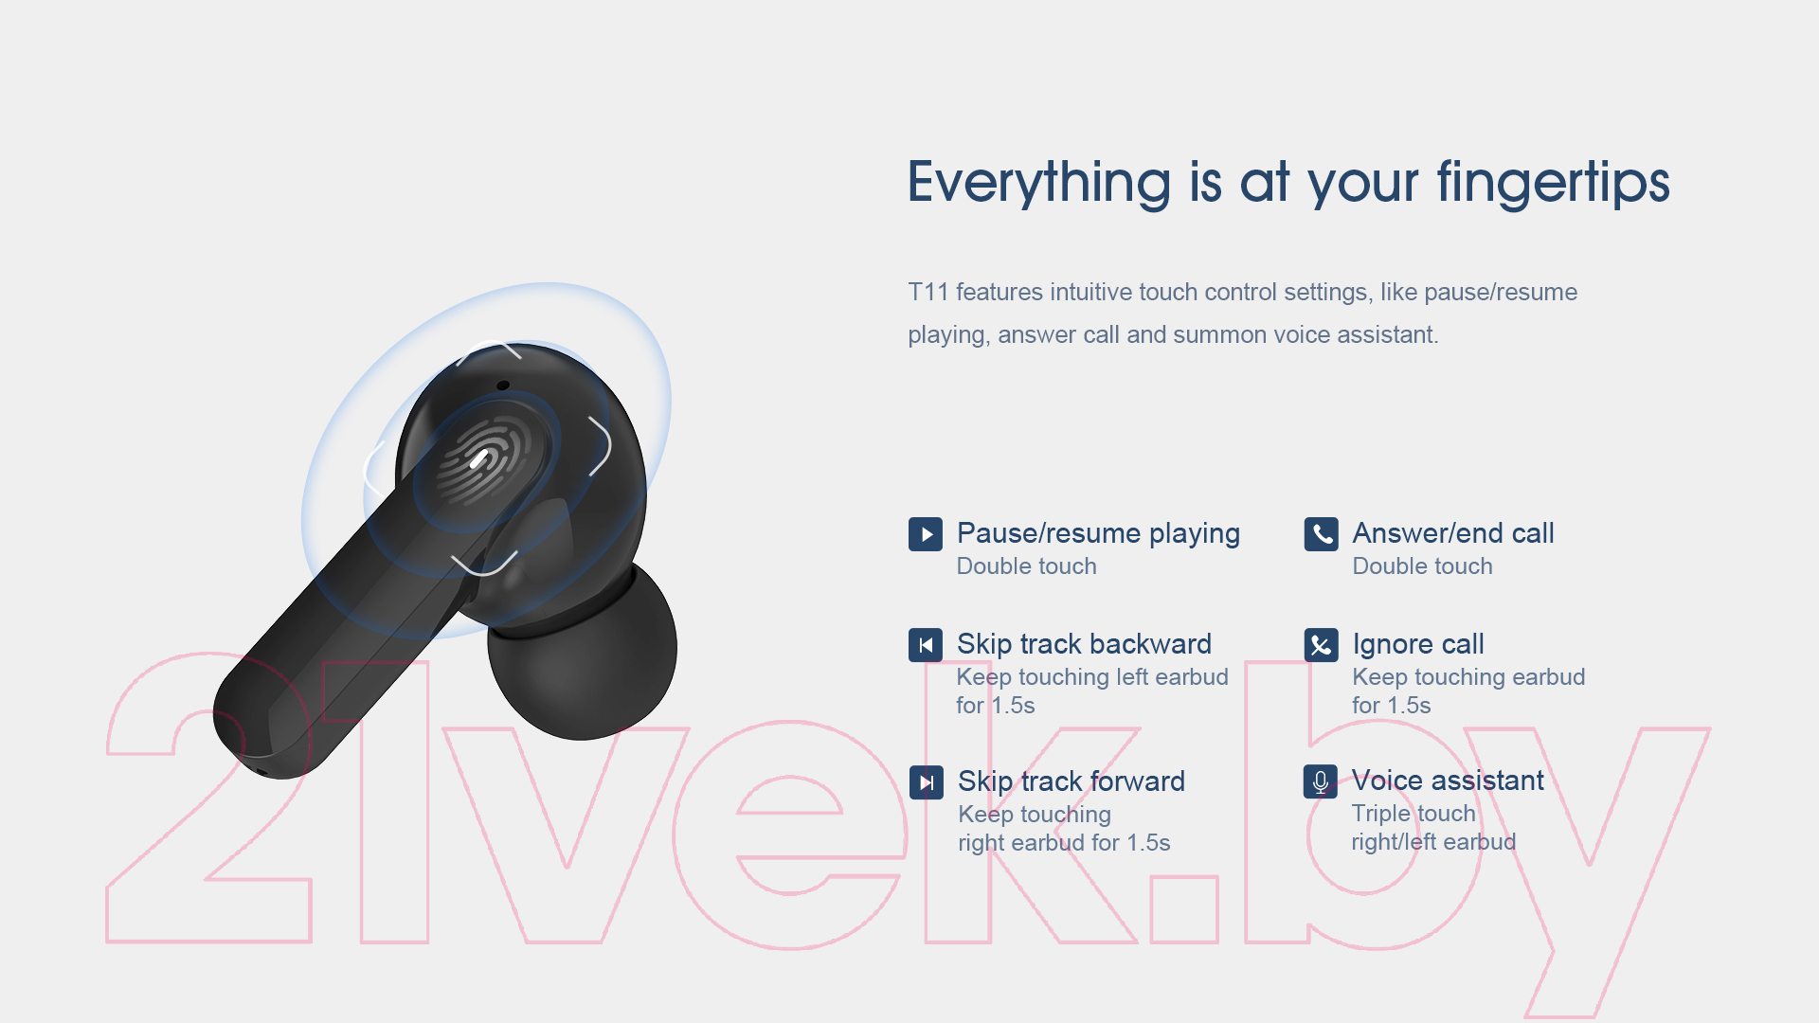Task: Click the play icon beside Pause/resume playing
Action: click(x=926, y=534)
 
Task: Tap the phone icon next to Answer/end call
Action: click(x=1321, y=534)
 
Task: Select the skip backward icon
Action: click(x=926, y=645)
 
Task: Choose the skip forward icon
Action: click(x=927, y=782)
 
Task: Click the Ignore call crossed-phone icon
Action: click(x=1321, y=645)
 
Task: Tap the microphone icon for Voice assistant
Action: click(x=1321, y=781)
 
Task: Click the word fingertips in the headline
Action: click(x=1553, y=182)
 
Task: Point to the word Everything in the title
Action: click(x=1039, y=182)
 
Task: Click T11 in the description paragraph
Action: click(x=928, y=292)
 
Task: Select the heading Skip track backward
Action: click(x=1084, y=644)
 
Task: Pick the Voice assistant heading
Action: click(x=1448, y=781)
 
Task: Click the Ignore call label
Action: click(x=1418, y=644)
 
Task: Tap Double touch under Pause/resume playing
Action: click(x=1027, y=566)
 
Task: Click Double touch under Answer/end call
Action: click(x=1422, y=566)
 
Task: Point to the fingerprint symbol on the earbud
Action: click(x=483, y=459)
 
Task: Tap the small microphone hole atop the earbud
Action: click(x=503, y=385)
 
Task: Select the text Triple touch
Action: click(x=1414, y=814)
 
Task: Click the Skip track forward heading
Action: click(x=1072, y=781)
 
